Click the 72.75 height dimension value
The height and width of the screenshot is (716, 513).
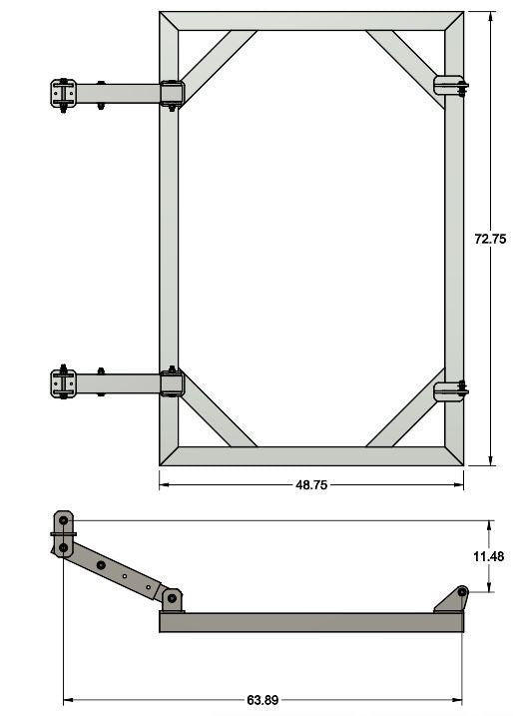tap(489, 239)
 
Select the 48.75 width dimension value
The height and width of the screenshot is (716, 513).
tap(310, 484)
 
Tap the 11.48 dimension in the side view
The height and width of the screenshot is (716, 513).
tap(489, 556)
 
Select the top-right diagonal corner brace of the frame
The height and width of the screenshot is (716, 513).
tap(403, 62)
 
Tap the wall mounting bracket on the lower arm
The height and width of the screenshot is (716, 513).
tap(62, 383)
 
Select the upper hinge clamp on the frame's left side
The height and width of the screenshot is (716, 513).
tap(172, 94)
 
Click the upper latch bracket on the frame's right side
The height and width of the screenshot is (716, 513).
tap(450, 86)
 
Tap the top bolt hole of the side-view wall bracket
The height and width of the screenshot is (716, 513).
tap(64, 520)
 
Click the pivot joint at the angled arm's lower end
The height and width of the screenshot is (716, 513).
tap(172, 597)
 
